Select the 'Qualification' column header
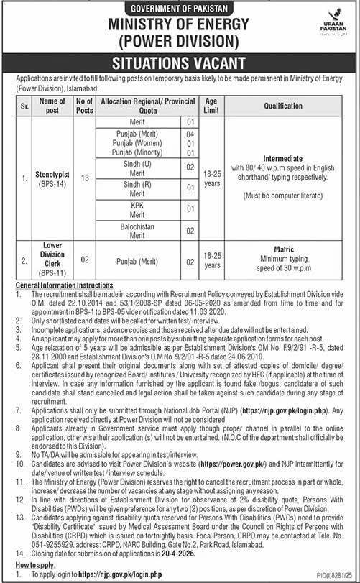290,105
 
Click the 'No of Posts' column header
83,105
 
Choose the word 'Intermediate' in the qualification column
290,156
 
